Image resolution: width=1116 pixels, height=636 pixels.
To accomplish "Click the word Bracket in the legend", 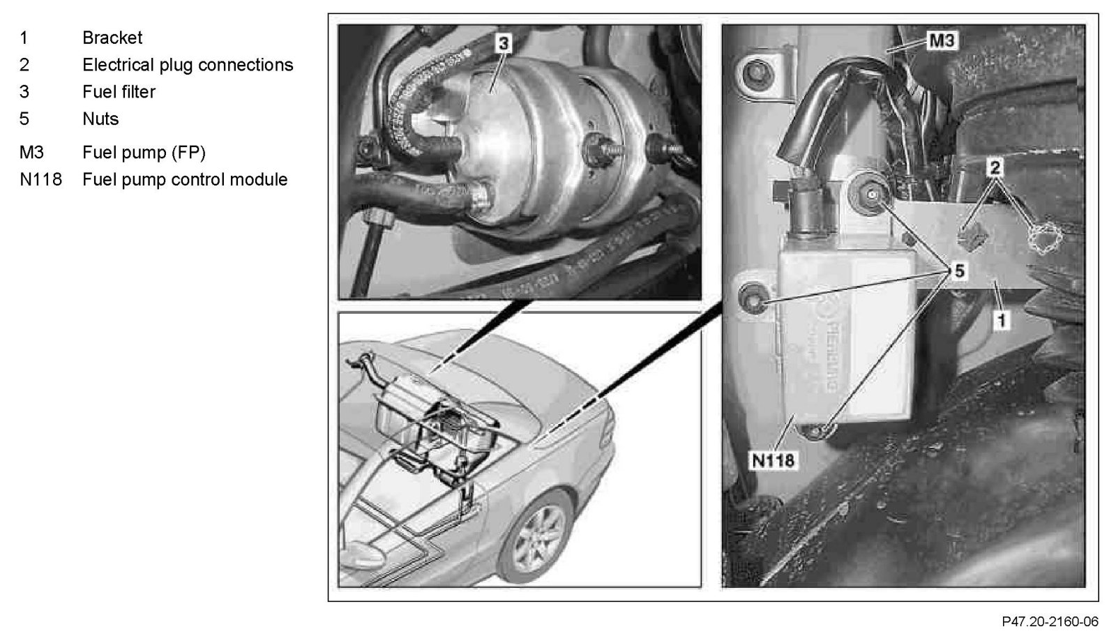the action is click(x=112, y=38).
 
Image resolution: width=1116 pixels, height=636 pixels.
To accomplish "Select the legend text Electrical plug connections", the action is click(x=188, y=65).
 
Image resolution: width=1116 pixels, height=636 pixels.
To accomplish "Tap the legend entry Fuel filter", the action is click(x=119, y=91).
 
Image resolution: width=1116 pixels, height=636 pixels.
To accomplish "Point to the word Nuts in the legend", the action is click(x=100, y=119).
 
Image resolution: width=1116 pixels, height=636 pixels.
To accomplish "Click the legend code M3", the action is click(x=31, y=152).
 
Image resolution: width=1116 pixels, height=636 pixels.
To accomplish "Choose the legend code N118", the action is click(x=41, y=179).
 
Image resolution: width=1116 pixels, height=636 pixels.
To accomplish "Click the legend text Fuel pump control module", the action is click(x=185, y=179).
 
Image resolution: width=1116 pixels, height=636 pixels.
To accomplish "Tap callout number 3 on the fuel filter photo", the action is click(x=503, y=43).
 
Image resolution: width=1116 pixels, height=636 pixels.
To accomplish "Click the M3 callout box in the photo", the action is click(x=942, y=40).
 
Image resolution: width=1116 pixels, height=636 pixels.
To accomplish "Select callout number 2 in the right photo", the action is click(x=995, y=167).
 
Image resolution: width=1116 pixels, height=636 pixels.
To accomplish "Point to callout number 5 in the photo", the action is click(x=959, y=271).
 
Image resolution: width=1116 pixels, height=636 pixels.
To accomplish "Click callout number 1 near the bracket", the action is click(x=1002, y=319).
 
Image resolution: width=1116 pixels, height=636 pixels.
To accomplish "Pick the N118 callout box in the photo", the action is click(x=773, y=460).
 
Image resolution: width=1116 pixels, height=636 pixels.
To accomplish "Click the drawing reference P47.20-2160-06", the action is click(x=1050, y=621).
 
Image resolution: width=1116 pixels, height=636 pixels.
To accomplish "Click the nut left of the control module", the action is click(x=753, y=298).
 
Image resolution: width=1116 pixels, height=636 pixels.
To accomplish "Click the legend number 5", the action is click(x=24, y=119).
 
